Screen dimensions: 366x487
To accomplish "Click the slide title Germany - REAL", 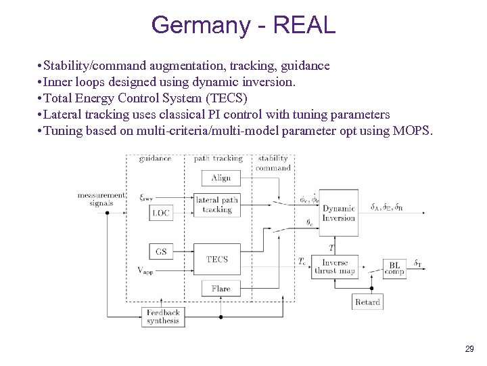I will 243,25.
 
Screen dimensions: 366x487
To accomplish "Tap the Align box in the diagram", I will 221,178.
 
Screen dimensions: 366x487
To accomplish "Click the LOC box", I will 161,213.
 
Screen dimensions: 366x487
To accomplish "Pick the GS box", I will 161,252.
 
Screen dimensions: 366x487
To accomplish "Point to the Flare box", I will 221,289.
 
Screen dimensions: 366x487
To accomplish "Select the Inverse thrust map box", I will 335,266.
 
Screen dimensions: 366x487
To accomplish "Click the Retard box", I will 367,302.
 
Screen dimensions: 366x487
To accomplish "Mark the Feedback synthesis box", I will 162,317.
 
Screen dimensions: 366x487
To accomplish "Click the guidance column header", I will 155,159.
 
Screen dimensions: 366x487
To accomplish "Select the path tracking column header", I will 218,159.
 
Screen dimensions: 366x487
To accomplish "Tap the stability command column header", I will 273,163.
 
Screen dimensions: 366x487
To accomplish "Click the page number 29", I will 469,349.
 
